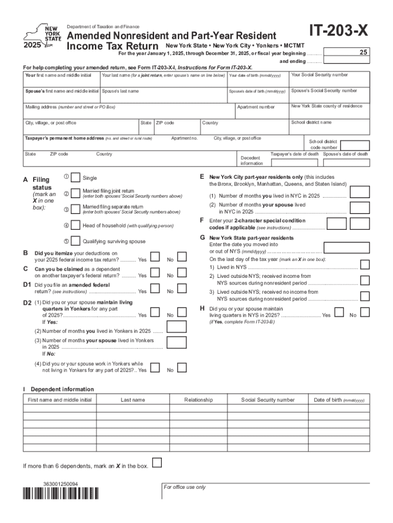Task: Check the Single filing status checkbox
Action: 75,178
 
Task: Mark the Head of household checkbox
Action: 75,225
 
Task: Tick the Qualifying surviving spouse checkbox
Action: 75,241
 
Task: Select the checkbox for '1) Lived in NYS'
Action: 365,264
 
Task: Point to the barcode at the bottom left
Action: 60,493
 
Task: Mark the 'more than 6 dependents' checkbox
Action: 158,463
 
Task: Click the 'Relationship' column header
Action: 199,400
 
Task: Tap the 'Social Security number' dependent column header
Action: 268,400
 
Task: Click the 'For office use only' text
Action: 185,487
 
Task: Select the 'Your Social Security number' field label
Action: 319,75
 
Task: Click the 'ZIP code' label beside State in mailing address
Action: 165,123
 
